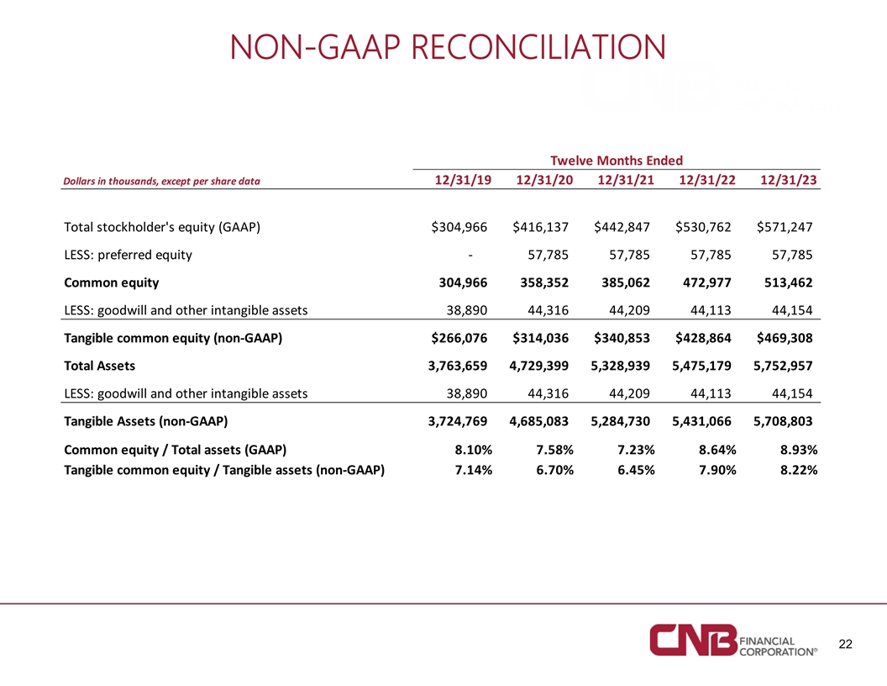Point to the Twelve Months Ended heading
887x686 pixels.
(616, 160)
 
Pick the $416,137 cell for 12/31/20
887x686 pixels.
(542, 227)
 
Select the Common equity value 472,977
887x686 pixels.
(705, 282)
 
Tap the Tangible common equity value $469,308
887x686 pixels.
(785, 339)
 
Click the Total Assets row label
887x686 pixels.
(99, 366)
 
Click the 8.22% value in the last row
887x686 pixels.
(799, 470)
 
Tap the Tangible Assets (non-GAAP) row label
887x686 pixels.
(146, 420)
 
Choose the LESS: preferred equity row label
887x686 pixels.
(128, 255)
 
